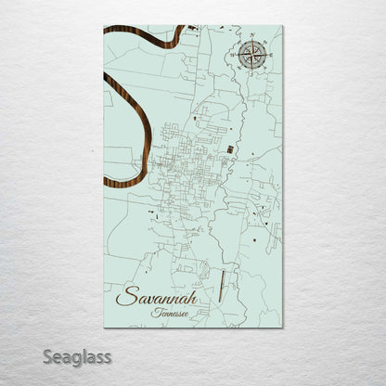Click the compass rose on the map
pos(251,56)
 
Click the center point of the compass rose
pos(251,56)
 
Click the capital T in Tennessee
pos(153,312)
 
